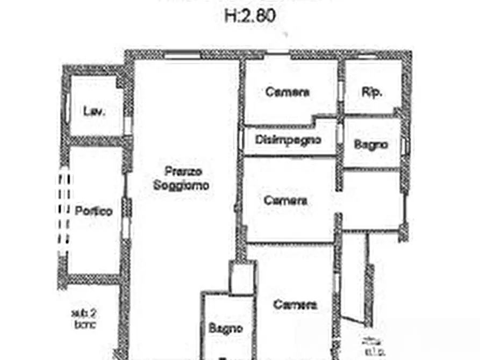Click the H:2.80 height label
[x=250, y=15]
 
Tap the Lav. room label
[x=94, y=112]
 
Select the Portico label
[x=94, y=211]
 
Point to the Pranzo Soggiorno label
[x=182, y=179]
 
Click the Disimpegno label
[x=288, y=140]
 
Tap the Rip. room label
[x=372, y=92]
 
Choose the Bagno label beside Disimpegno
[x=371, y=145]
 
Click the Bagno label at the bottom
[x=226, y=328]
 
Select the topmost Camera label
[x=288, y=92]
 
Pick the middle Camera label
[x=286, y=200]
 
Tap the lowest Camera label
[x=295, y=305]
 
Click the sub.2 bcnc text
[x=84, y=318]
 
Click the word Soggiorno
[x=182, y=186]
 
